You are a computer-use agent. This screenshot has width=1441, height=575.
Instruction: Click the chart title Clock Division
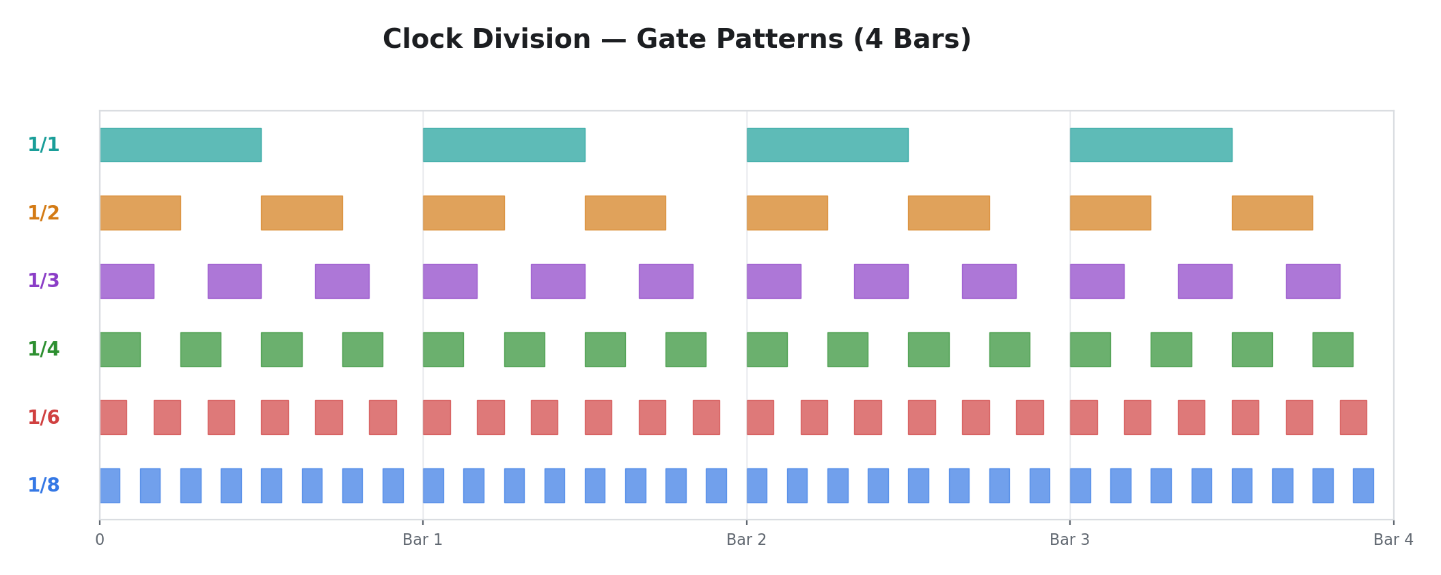[x=676, y=40]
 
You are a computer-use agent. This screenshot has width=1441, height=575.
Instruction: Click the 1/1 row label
[x=44, y=145]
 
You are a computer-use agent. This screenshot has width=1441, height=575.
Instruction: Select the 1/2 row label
[x=44, y=213]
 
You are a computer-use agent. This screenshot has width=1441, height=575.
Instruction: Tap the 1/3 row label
[x=44, y=281]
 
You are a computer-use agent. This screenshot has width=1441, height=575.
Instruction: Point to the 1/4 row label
[x=44, y=349]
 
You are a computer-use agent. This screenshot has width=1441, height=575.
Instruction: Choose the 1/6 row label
[x=44, y=418]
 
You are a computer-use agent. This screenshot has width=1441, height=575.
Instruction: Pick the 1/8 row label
[x=44, y=485]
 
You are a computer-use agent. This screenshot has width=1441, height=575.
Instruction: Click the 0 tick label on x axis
[x=100, y=540]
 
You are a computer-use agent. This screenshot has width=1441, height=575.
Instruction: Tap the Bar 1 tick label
[x=422, y=540]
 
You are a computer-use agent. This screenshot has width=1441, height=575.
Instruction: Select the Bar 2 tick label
[x=746, y=540]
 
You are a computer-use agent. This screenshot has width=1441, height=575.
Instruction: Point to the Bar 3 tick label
[x=1069, y=540]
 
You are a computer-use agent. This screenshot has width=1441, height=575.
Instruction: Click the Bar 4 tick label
[x=1393, y=540]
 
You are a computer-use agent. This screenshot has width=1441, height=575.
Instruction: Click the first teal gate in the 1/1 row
[x=180, y=145]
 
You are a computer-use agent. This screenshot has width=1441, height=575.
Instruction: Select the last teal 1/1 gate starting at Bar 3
[x=1151, y=145]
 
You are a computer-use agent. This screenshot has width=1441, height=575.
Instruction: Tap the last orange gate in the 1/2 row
[x=1272, y=213]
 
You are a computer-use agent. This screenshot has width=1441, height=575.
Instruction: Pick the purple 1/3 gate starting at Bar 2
[x=773, y=281]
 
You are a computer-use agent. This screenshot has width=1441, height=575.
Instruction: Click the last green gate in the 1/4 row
[x=1332, y=349]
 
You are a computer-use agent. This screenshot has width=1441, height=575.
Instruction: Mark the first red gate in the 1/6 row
[x=113, y=418]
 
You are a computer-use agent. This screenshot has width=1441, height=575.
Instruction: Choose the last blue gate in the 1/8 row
[x=1363, y=485]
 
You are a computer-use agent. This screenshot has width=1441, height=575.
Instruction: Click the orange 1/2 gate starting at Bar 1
[x=463, y=213]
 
